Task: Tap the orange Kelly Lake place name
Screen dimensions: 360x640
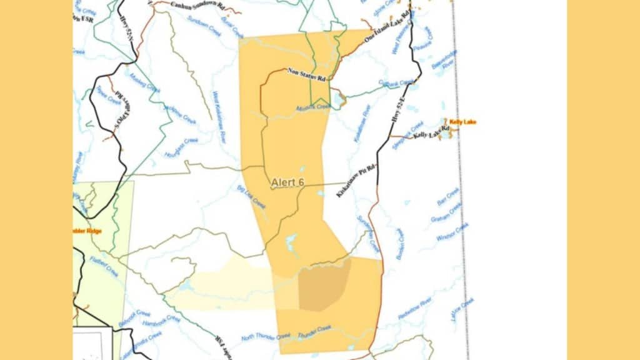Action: tap(462, 122)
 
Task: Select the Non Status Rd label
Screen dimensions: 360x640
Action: tap(307, 75)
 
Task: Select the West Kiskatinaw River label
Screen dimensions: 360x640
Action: tap(219, 116)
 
